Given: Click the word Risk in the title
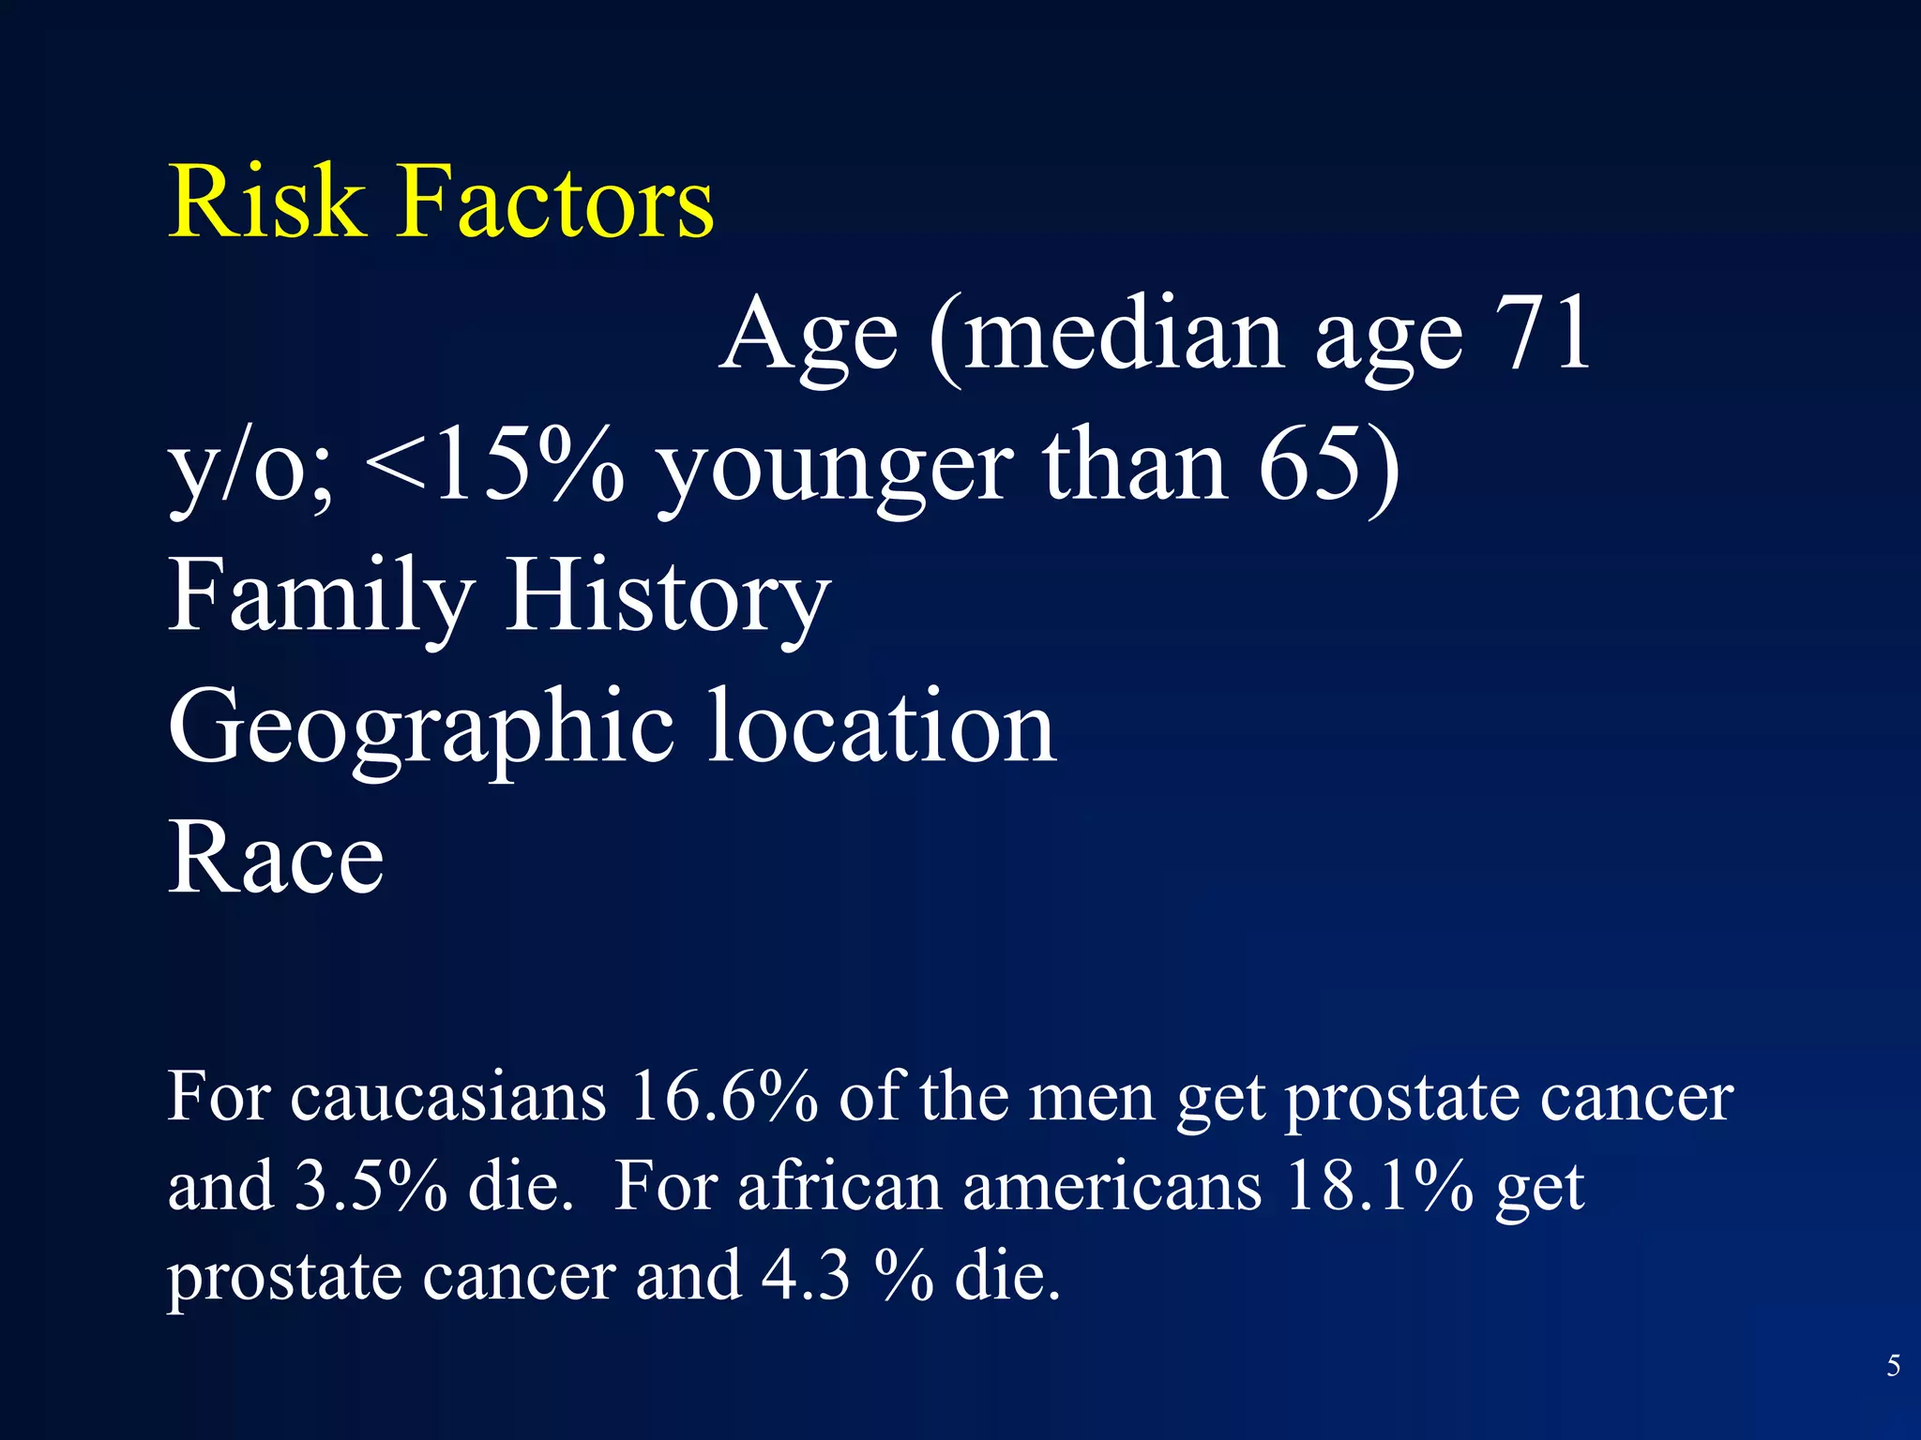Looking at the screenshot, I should pyautogui.click(x=265, y=202).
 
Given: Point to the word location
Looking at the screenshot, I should pyautogui.click(x=883, y=727).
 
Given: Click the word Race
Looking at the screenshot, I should pyautogui.click(x=276, y=859).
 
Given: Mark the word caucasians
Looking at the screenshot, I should pyautogui.click(x=448, y=1097).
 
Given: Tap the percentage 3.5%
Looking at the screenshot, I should pyautogui.click(x=371, y=1185).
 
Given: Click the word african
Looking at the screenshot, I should pyautogui.click(x=839, y=1185).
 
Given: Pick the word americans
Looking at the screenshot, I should pyautogui.click(x=1112, y=1187).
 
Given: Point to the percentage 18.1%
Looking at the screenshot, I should pyautogui.click(x=1379, y=1185).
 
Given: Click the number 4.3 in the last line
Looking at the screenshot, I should pyautogui.click(x=806, y=1275).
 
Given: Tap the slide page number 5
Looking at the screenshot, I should pyautogui.click(x=1894, y=1366).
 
